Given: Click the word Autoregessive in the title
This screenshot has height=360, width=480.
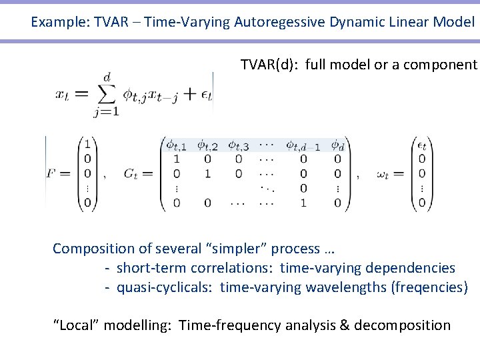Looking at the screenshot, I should point(280,22).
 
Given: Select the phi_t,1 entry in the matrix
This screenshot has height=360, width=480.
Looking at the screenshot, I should point(177,145).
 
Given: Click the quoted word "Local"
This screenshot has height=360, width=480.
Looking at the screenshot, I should point(76,325).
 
